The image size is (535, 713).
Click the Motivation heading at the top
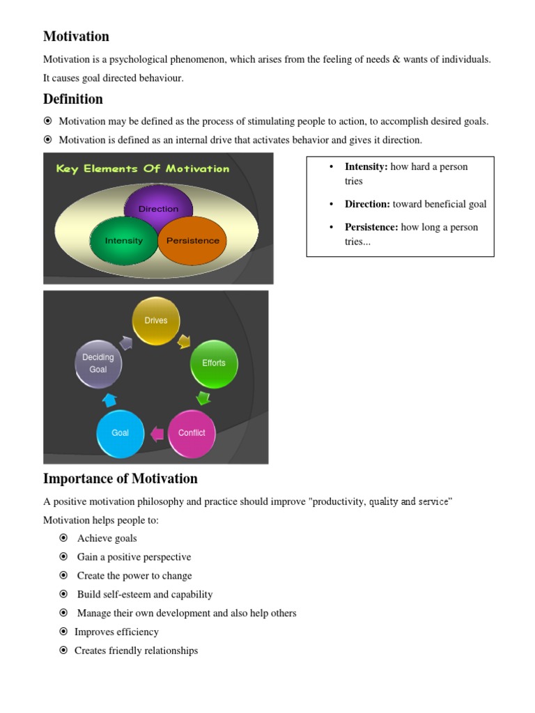[76, 36]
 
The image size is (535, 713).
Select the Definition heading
[72, 99]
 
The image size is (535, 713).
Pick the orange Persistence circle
[193, 241]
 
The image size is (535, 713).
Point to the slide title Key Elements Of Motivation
[142, 169]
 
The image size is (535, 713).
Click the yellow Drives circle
[156, 321]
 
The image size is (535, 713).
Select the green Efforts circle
[214, 363]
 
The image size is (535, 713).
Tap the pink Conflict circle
[192, 433]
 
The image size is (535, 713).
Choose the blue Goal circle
[121, 433]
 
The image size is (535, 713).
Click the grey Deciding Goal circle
[98, 363]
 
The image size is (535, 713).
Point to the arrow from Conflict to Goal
[157, 434]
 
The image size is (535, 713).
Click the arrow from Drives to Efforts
[185, 341]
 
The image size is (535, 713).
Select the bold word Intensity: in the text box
[366, 166]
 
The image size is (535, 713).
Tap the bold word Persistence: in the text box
[371, 227]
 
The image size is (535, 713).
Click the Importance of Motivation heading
[120, 478]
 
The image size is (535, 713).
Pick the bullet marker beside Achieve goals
[63, 538]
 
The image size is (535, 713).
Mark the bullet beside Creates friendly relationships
[63, 650]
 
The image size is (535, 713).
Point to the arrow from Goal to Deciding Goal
[109, 400]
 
